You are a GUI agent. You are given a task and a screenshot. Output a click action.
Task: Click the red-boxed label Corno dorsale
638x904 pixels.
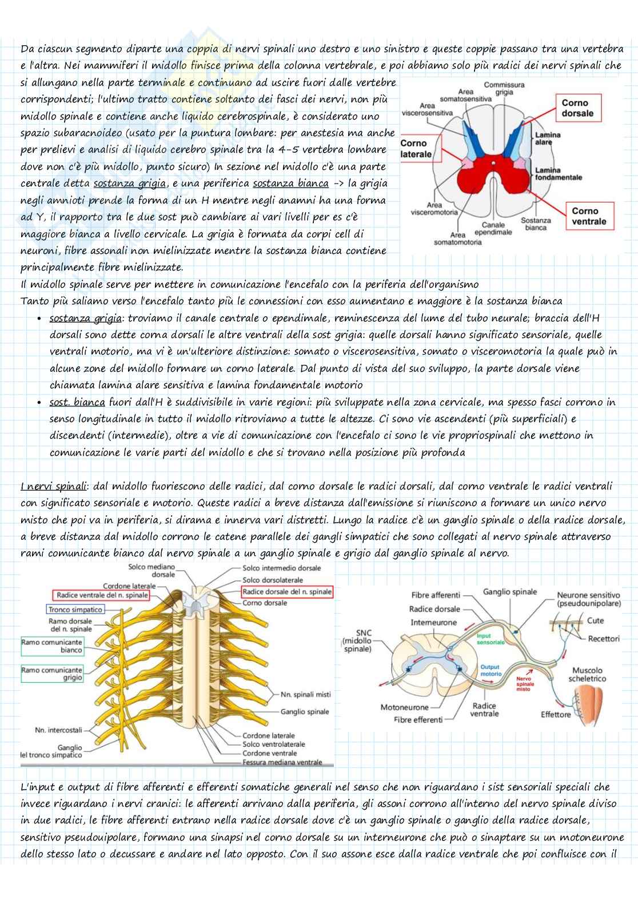[577, 108]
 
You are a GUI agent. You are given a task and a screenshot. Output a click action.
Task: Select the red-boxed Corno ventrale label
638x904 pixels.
[589, 216]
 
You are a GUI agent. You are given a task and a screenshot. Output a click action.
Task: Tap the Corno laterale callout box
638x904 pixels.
[416, 149]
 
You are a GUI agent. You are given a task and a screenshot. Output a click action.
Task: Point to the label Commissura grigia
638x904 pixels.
[504, 88]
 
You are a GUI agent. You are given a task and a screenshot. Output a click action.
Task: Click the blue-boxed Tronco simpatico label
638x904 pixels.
[75, 610]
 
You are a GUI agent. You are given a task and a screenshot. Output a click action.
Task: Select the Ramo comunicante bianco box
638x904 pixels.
[52, 646]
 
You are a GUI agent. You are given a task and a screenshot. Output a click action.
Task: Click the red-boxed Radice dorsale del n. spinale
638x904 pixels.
[287, 592]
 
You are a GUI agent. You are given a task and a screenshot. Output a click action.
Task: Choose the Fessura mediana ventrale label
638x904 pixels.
[282, 762]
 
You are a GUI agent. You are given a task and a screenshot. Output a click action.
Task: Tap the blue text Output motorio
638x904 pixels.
[490, 670]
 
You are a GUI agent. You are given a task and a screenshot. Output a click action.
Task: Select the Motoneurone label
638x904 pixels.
[404, 707]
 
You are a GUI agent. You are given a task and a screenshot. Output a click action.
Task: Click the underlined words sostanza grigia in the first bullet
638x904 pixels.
[86, 318]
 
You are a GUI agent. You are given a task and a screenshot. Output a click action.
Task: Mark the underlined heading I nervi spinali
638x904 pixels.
[53, 486]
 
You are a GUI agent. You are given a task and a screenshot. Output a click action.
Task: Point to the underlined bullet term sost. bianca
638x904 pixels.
[77, 402]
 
